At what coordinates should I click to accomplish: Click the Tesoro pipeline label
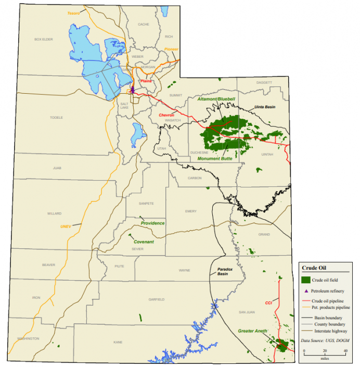tap(73, 13)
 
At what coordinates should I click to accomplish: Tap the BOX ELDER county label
tap(44, 39)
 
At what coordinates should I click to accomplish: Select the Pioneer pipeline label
tap(171, 49)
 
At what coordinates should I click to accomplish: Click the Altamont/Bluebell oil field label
tap(216, 98)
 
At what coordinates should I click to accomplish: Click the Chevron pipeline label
tap(166, 115)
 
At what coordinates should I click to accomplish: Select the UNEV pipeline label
tap(66, 226)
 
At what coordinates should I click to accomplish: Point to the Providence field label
tap(152, 223)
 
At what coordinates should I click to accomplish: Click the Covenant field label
tap(144, 242)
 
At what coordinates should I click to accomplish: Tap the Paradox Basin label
tap(223, 271)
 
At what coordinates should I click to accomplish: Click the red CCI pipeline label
tap(268, 302)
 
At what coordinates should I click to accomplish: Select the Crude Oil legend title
tap(314, 268)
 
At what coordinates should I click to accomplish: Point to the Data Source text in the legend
tap(326, 340)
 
